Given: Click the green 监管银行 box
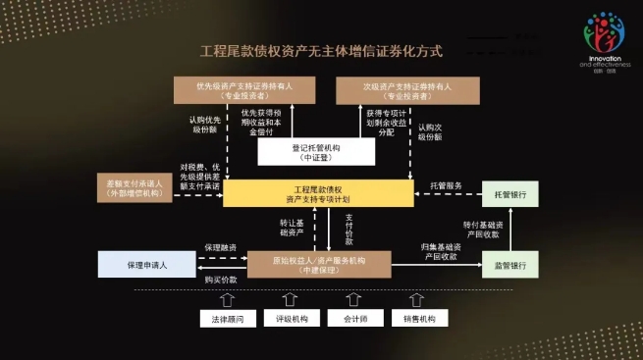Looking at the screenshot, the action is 509,265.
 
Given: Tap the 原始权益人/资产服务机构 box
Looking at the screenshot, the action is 318,264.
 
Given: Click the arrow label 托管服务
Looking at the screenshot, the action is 447,185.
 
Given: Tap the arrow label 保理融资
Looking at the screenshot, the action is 221,248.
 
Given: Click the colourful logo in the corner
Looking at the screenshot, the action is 603,38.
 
